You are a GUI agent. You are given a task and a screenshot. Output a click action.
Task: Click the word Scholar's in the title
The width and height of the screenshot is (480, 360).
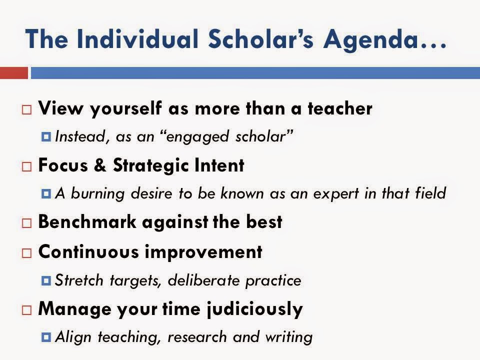261,39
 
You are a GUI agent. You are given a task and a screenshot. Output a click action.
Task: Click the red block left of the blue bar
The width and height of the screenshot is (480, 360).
14,73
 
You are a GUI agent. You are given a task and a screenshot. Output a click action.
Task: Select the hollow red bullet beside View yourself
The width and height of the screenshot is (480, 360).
26,109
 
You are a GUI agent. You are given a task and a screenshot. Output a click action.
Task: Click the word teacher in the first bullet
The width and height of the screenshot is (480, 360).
340,108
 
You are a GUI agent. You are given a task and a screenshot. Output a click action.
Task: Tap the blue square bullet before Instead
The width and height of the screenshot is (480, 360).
46,136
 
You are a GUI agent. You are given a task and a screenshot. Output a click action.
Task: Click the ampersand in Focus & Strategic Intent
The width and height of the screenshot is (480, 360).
100,165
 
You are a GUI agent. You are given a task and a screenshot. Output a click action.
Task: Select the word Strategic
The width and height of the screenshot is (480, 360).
150,165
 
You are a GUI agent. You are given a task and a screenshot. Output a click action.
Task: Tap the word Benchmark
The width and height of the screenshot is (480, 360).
87,221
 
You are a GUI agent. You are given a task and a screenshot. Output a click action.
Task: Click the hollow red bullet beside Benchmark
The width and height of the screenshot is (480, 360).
26,223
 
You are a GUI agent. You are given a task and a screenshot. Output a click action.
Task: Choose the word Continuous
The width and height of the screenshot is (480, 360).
89,252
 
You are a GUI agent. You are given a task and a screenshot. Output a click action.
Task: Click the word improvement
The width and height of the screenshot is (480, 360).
203,252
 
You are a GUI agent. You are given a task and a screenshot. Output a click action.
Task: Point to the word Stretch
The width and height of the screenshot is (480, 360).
79,280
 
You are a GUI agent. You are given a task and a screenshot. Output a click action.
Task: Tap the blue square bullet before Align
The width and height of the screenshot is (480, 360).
46,337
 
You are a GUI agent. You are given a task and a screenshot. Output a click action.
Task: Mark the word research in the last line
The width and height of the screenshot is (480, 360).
197,337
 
